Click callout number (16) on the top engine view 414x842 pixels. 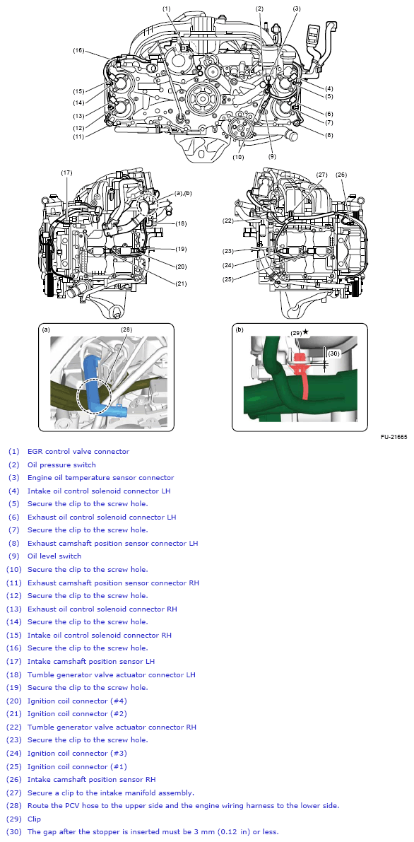point(78,50)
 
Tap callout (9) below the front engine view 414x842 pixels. point(271,155)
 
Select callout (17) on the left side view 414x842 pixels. point(66,173)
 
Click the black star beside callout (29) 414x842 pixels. point(305,332)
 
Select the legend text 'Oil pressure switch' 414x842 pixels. point(61,464)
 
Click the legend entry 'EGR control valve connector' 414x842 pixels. point(78,451)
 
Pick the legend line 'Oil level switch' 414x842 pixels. point(54,556)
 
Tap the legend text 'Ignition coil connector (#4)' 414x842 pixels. point(77,701)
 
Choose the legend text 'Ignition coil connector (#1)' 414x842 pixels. point(77,766)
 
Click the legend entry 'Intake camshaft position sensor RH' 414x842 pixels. point(91,780)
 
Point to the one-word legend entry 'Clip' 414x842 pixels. point(35,819)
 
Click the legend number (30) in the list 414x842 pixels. point(14,831)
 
